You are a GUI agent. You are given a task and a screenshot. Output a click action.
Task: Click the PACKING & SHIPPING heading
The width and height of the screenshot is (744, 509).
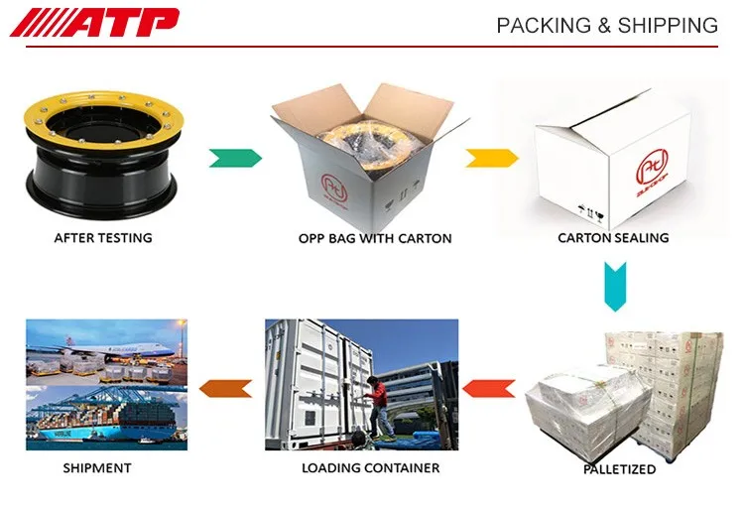606,26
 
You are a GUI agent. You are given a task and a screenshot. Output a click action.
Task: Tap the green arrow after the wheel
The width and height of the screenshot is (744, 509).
235,157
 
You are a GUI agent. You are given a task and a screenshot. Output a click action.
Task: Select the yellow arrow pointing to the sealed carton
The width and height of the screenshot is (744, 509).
492,157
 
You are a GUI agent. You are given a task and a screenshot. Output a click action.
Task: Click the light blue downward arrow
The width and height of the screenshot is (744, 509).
614,287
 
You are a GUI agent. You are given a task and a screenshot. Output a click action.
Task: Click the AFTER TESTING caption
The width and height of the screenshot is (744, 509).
103,238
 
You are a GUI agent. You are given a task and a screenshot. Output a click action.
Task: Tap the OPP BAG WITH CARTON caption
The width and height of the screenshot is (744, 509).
375,238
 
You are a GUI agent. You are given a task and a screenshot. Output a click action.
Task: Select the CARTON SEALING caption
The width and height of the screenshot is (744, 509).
613,238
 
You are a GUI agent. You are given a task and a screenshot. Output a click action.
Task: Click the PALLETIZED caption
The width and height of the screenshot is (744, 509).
619,469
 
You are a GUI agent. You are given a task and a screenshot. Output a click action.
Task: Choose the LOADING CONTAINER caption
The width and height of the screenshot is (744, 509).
370,467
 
